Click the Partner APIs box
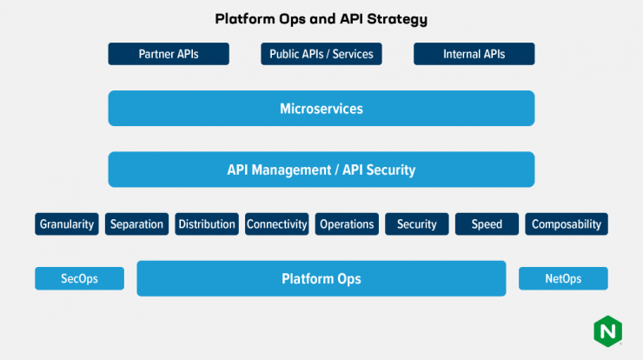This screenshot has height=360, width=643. click(169, 54)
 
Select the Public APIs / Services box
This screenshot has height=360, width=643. click(321, 54)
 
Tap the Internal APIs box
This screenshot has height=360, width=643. click(474, 54)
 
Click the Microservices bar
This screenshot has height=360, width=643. click(321, 109)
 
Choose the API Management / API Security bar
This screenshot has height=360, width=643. click(321, 170)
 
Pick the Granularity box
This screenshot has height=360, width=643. click(67, 224)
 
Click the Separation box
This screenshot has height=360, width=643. click(136, 224)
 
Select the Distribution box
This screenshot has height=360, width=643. click(207, 224)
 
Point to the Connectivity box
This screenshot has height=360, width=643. click(277, 224)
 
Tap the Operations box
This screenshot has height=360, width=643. click(347, 224)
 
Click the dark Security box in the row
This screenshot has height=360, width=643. click(416, 224)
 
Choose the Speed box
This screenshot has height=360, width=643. click(487, 224)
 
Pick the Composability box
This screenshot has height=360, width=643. click(567, 224)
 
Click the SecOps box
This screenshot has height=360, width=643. click(80, 279)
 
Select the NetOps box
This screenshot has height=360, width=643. click(563, 279)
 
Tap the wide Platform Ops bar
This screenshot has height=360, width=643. click(321, 278)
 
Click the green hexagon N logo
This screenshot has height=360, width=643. click(607, 331)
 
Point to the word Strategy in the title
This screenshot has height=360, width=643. click(397, 19)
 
